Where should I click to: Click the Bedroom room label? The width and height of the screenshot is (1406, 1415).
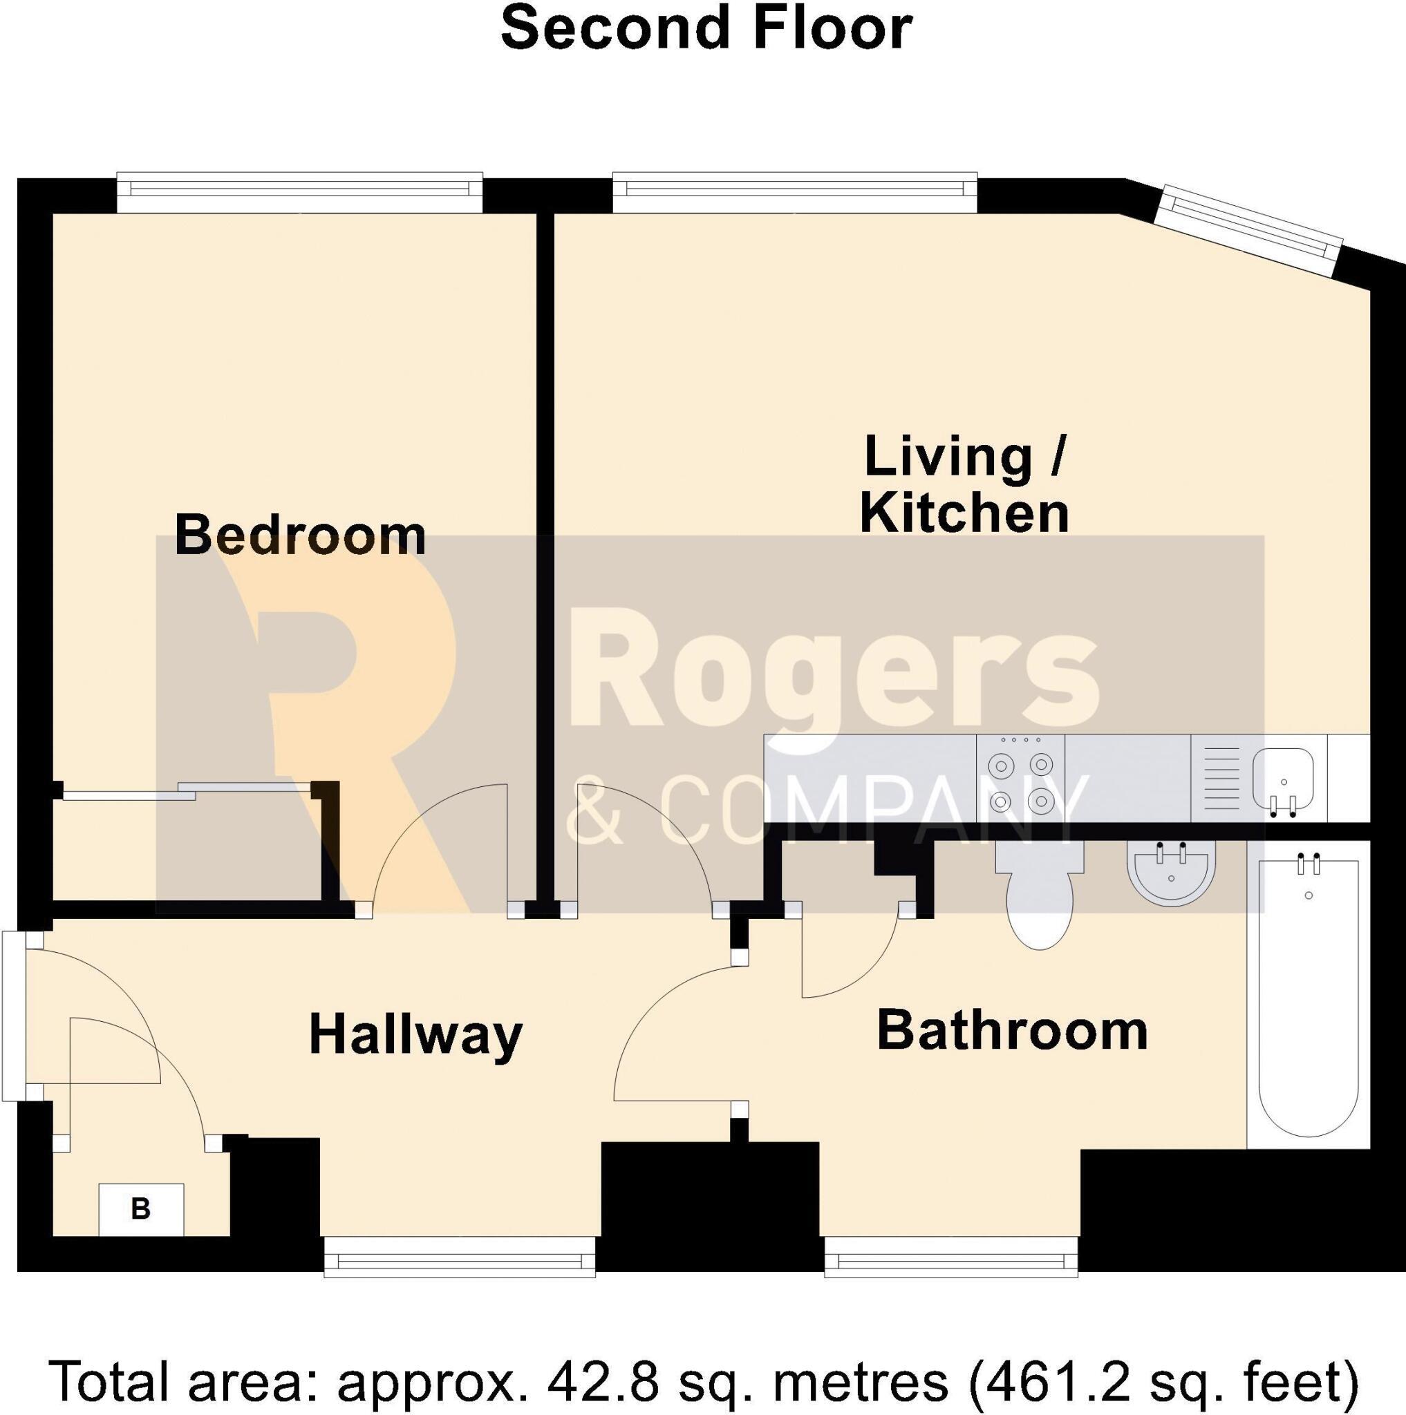coord(301,535)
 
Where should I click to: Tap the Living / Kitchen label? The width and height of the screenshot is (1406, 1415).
coord(965,484)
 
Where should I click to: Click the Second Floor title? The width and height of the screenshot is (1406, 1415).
coord(706,28)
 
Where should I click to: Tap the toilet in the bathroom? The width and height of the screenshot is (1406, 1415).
coord(1040,895)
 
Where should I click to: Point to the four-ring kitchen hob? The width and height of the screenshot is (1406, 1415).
coord(1020,779)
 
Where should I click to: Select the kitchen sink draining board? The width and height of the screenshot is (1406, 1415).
coord(1221,779)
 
